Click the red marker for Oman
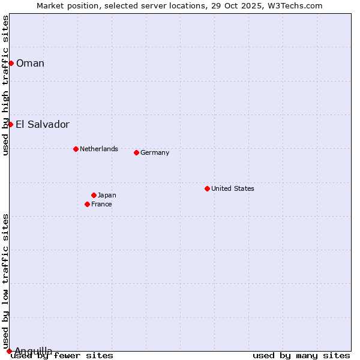pyautogui.click(x=11, y=63)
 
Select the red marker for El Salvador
pyautogui.click(x=10, y=124)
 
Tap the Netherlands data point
pyautogui.click(x=76, y=149)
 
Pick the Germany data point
pyautogui.click(x=136, y=152)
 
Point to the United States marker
pyautogui.click(x=207, y=188)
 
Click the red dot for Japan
pyautogui.click(x=94, y=195)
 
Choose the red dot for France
pyautogui.click(x=87, y=204)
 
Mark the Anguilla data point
pyautogui.click(x=9, y=351)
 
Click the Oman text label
pyautogui.click(x=30, y=63)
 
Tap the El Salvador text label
pyautogui.click(x=43, y=124)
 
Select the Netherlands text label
pyautogui.click(x=99, y=149)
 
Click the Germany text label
pyautogui.click(x=155, y=152)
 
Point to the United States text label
pyautogui.click(x=233, y=188)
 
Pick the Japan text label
pyautogui.click(x=107, y=195)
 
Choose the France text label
pyautogui.click(x=101, y=204)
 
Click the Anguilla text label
pyautogui.click(x=34, y=350)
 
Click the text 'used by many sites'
pyautogui.click(x=301, y=355)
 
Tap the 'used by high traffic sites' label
pyautogui.click(x=5, y=85)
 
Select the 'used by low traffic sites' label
pyautogui.click(x=5, y=281)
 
